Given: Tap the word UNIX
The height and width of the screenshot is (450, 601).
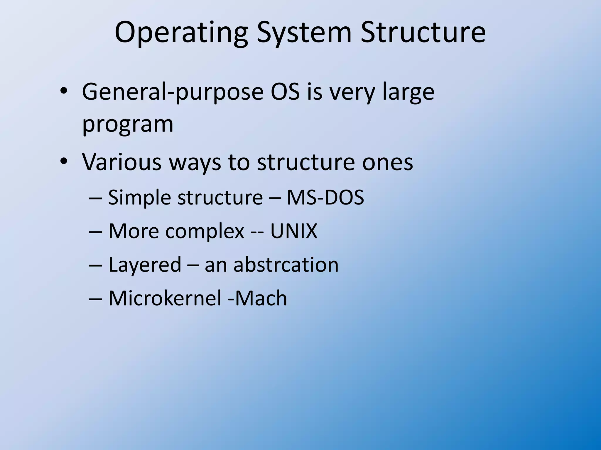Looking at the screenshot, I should (294, 231).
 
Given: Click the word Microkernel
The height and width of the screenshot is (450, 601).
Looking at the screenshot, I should (165, 298).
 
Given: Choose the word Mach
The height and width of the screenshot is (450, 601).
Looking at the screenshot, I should (261, 298).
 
